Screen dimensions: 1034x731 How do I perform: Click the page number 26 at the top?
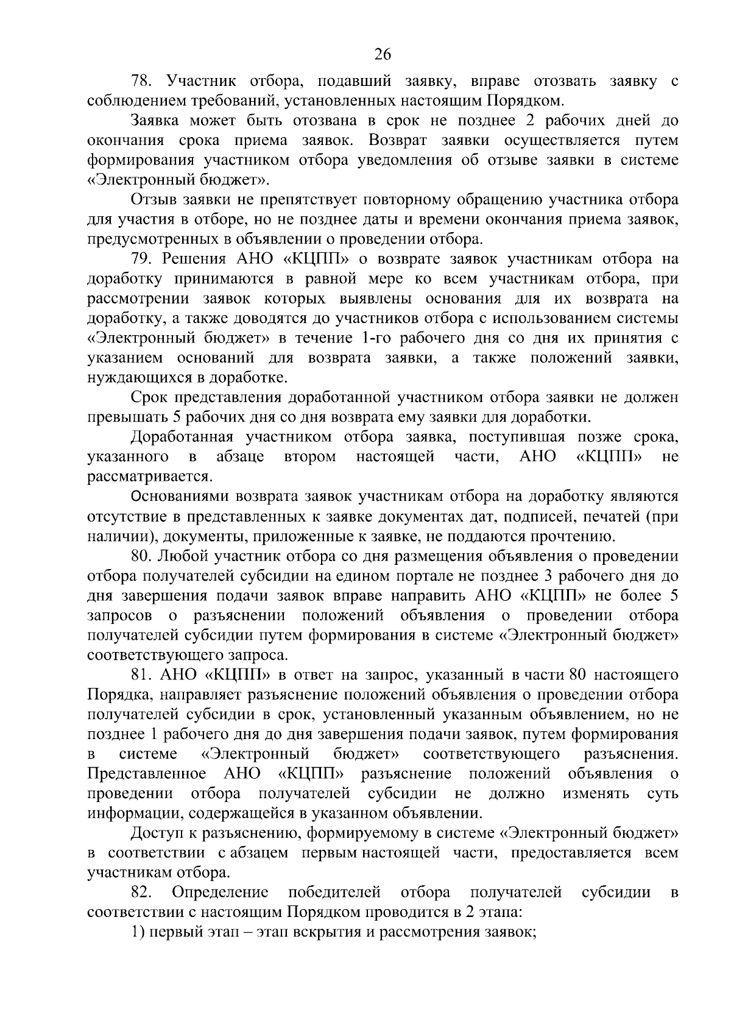point(382,55)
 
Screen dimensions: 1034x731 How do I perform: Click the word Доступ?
point(155,834)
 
